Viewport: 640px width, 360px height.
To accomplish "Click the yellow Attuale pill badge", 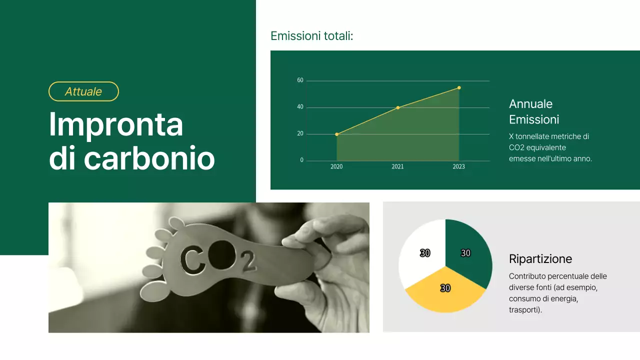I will pyautogui.click(x=83, y=91).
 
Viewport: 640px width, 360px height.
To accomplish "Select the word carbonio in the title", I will pyautogui.click(x=149, y=158).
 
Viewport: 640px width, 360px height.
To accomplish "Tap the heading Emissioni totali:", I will pyautogui.click(x=311, y=36).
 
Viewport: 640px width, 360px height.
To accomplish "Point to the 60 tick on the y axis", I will pyautogui.click(x=300, y=80).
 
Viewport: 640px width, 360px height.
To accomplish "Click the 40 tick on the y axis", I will pyautogui.click(x=300, y=107).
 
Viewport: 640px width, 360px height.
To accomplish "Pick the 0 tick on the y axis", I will pyautogui.click(x=301, y=160).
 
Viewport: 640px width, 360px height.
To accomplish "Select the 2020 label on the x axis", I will pyautogui.click(x=336, y=167).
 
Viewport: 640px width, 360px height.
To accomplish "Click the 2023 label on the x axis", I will pyautogui.click(x=458, y=167).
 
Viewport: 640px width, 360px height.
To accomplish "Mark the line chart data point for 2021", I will pyautogui.click(x=398, y=107).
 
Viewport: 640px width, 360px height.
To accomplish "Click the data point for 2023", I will pyautogui.click(x=459, y=87).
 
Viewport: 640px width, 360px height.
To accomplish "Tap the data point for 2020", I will pyautogui.click(x=336, y=134).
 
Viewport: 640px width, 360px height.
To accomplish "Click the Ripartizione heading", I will pyautogui.click(x=540, y=259).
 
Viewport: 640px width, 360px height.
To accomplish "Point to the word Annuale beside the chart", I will pyautogui.click(x=530, y=104).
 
